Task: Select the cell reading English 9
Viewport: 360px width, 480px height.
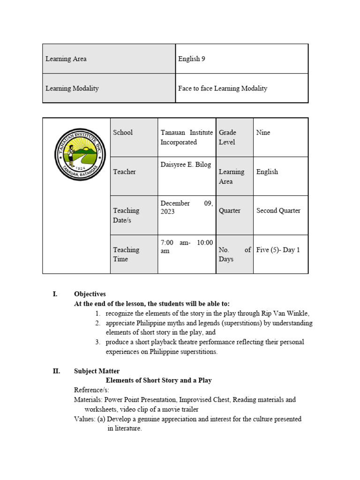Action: tap(192, 59)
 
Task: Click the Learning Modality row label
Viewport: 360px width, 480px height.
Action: tap(72, 88)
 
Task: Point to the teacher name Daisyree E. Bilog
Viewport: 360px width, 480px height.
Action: tap(186, 165)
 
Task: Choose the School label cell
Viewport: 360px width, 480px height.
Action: tap(123, 133)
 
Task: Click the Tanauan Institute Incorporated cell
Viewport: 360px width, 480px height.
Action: tap(187, 137)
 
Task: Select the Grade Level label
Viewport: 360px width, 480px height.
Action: tap(228, 137)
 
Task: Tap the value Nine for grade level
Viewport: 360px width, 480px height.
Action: tap(263, 133)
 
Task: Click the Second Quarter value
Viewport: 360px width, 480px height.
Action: tap(278, 210)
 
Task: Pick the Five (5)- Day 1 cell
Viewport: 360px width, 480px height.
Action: tap(278, 250)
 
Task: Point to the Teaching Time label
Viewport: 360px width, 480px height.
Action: tap(126, 255)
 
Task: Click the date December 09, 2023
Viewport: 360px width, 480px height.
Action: tap(187, 207)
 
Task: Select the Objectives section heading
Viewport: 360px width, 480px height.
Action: tap(90, 294)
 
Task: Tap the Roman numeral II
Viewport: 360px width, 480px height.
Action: tap(56, 371)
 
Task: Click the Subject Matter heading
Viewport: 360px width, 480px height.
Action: tap(97, 371)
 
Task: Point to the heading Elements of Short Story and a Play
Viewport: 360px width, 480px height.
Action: tap(159, 380)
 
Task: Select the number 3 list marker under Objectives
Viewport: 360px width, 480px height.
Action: tap(97, 342)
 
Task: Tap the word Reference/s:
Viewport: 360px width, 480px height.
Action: tap(91, 390)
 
